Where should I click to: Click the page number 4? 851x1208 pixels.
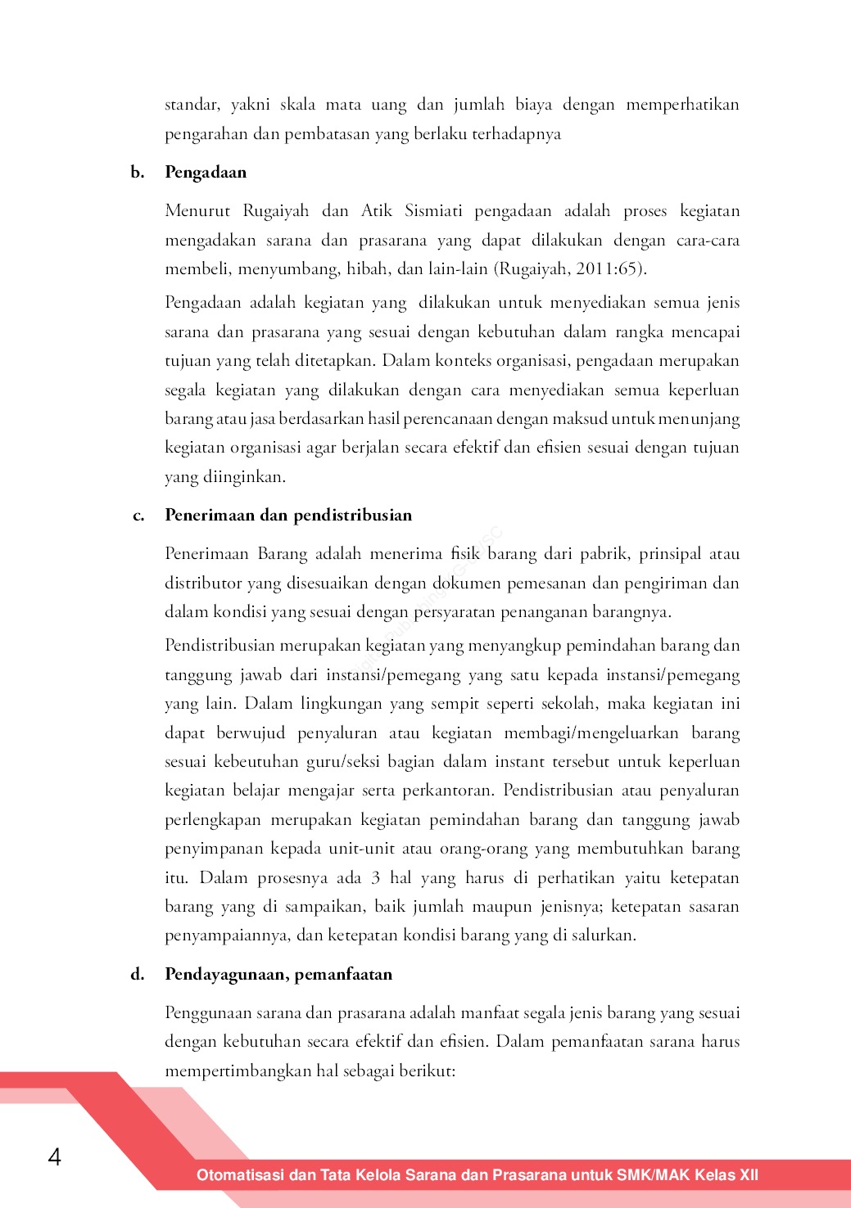(54, 1156)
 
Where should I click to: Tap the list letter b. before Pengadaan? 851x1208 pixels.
(138, 172)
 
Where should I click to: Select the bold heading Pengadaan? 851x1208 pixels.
(206, 172)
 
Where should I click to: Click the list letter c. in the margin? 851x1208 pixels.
(138, 516)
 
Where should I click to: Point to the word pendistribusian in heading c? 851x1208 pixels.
(352, 516)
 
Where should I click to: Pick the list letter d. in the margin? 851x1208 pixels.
(138, 974)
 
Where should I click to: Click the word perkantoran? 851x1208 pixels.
(453, 791)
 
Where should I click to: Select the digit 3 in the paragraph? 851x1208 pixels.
(375, 878)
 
